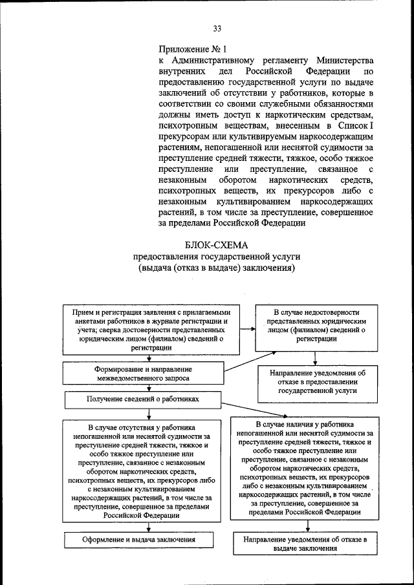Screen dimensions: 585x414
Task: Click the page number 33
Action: tap(217, 28)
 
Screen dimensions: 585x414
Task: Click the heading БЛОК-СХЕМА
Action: tap(216, 244)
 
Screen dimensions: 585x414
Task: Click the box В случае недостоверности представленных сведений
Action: tap(315, 325)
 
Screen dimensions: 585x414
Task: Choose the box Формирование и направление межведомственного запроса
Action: tap(144, 373)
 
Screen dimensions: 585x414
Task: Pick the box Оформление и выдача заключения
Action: tap(139, 539)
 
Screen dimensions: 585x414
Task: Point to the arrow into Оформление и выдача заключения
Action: tap(149, 527)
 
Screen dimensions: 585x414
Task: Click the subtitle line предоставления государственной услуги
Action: tap(216, 257)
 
